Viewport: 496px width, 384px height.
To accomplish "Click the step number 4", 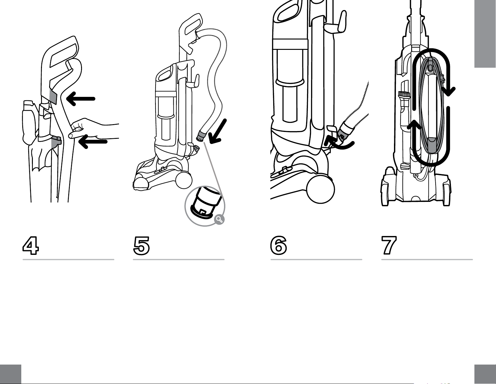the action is tap(31, 245).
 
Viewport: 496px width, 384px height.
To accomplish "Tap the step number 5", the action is tap(141, 246).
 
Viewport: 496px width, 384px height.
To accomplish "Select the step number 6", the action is tap(279, 245).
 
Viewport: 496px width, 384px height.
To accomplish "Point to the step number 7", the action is tap(389, 245).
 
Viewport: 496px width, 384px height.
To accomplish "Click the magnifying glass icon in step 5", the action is tap(220, 219).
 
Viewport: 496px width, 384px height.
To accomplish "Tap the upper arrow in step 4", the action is tap(80, 99).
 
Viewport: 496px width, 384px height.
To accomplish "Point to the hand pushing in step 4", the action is tap(94, 129).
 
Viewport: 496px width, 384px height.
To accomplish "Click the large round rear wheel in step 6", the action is tap(320, 189).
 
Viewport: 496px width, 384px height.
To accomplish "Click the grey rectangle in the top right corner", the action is tap(485, 34).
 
